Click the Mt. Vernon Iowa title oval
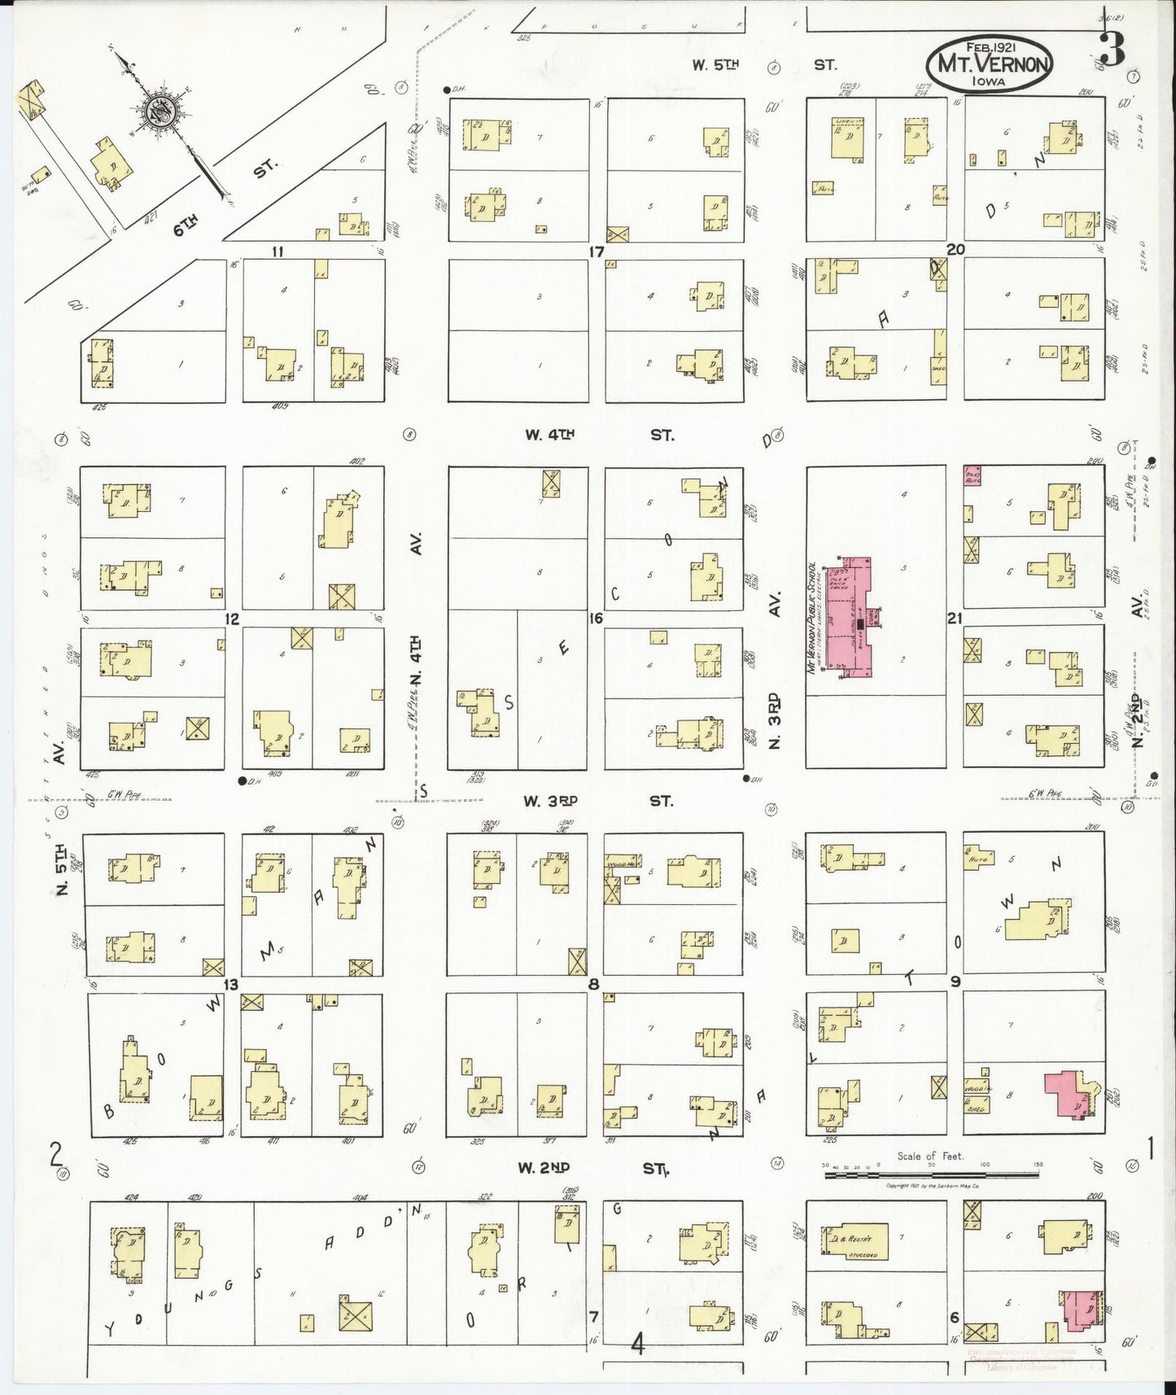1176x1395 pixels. [989, 63]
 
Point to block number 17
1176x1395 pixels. [597, 251]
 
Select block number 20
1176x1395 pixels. [955, 249]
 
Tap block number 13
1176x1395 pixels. [231, 986]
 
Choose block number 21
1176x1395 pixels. [955, 619]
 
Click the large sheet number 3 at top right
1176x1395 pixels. [1111, 49]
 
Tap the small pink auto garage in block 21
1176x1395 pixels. [972, 476]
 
